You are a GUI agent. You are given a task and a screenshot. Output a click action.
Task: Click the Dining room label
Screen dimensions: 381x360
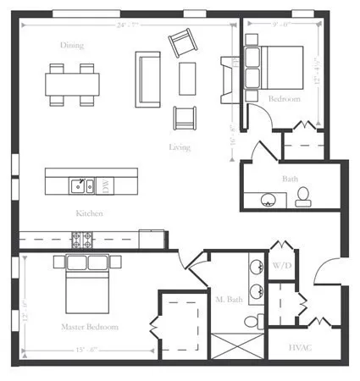click(72, 45)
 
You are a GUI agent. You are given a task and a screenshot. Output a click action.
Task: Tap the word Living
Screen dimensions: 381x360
click(179, 147)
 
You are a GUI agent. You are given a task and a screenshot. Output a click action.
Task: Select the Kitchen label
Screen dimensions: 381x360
click(89, 213)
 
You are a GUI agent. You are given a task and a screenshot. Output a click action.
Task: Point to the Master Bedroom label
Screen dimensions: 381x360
click(89, 326)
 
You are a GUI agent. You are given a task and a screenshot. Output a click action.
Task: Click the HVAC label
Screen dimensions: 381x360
click(301, 347)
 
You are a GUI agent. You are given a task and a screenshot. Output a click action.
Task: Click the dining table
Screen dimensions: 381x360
click(72, 83)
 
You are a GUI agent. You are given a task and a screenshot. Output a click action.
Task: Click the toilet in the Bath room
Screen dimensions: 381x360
click(302, 197)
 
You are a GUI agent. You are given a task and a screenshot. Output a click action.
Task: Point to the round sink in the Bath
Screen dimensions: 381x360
click(269, 200)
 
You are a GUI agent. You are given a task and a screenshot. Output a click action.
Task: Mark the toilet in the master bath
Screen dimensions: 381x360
click(252, 323)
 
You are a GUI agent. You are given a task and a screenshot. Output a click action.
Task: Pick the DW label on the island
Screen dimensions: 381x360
click(106, 183)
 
